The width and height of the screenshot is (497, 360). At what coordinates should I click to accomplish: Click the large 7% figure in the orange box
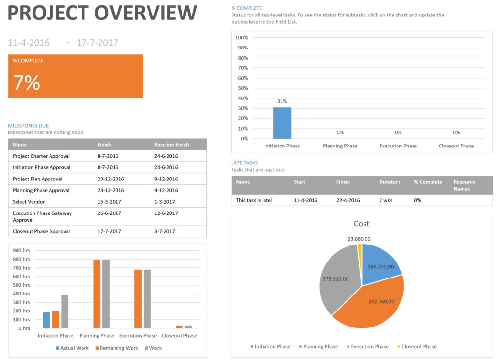(x=27, y=83)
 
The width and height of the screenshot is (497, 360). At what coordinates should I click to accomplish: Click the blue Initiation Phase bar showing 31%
(x=282, y=123)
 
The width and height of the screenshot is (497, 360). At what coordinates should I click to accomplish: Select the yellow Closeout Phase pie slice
(x=360, y=248)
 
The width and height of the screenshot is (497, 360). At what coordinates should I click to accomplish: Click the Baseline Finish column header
(x=171, y=144)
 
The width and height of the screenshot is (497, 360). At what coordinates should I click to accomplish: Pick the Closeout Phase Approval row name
(x=41, y=231)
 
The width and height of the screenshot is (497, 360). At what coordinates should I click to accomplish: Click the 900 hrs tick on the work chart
(x=21, y=250)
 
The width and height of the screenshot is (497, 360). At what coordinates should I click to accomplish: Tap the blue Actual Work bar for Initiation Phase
(x=47, y=320)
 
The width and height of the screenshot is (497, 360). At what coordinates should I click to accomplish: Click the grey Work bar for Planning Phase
(x=106, y=294)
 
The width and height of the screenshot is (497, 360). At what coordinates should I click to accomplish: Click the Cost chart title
(x=362, y=224)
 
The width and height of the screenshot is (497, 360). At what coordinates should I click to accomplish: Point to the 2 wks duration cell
(x=387, y=200)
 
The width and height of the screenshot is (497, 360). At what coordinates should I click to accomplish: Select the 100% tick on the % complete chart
(x=241, y=38)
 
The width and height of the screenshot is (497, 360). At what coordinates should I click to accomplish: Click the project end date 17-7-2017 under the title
(x=97, y=43)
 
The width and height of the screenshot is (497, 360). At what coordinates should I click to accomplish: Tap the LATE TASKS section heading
(x=245, y=163)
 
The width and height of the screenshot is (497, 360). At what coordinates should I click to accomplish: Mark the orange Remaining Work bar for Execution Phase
(x=138, y=299)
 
